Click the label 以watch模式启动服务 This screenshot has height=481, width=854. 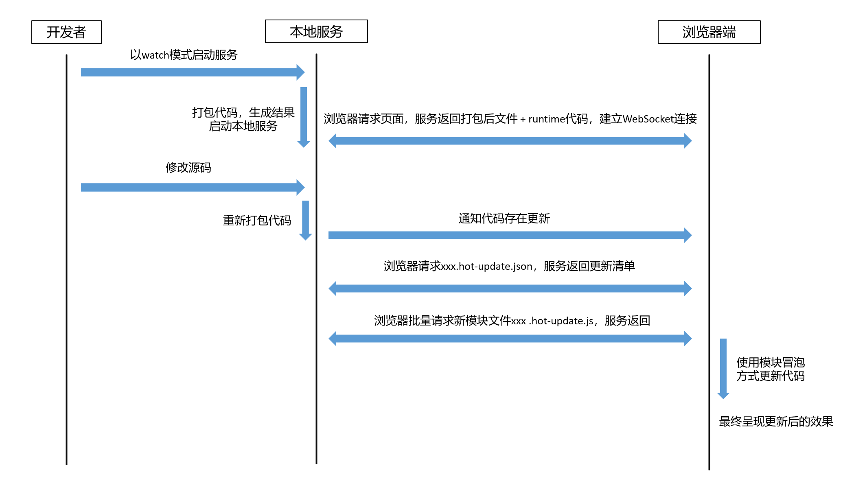pyautogui.click(x=184, y=55)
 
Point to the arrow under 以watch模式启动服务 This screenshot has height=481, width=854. pyautogui.click(x=193, y=72)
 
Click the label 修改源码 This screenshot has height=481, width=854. pyautogui.click(x=188, y=167)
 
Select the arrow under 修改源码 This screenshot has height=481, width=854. pyautogui.click(x=193, y=187)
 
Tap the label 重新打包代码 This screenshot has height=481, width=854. pyautogui.click(x=257, y=220)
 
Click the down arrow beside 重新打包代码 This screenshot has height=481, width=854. pyautogui.click(x=306, y=220)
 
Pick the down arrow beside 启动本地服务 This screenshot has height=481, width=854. pyautogui.click(x=304, y=117)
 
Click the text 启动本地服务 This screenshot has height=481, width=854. pyautogui.click(x=243, y=126)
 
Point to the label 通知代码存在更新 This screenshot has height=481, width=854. pyautogui.click(x=504, y=219)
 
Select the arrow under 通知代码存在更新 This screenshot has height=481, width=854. pyautogui.click(x=510, y=235)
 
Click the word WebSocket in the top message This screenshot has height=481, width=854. pyautogui.click(x=648, y=119)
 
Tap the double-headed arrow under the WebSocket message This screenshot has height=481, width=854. pyautogui.click(x=510, y=141)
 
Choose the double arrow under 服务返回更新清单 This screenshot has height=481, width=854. pyautogui.click(x=510, y=289)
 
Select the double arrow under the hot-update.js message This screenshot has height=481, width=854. pyautogui.click(x=510, y=339)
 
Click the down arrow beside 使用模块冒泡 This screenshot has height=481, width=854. pyautogui.click(x=723, y=369)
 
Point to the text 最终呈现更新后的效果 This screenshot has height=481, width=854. pyautogui.click(x=776, y=421)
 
